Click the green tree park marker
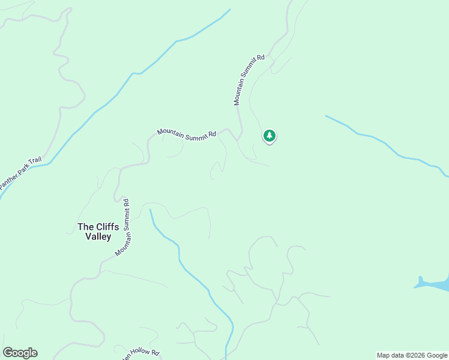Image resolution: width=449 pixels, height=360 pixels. [270, 136]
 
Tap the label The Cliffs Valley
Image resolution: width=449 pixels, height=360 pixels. [95, 232]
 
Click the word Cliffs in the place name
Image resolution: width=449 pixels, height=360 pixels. [103, 227]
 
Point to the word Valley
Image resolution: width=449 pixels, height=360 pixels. [98, 237]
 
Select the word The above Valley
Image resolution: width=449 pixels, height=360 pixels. [85, 227]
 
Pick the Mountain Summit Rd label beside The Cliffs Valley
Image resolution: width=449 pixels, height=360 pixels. [123, 227]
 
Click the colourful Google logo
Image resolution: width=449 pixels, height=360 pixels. [20, 353]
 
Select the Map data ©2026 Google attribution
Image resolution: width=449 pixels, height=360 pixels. [412, 355]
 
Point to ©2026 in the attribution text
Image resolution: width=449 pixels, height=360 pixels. [414, 355]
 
